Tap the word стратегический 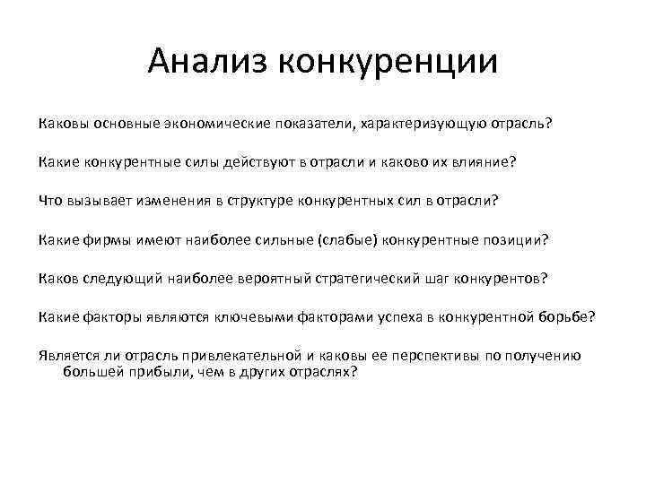tap(369, 278)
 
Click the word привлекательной tap(205, 355)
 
